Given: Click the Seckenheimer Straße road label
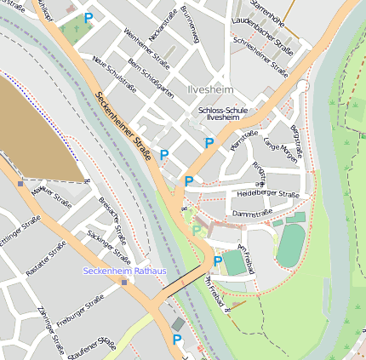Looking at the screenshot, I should tap(123, 125).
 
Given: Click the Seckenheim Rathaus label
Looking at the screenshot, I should tap(124, 271).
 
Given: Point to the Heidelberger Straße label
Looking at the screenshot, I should tap(266, 195).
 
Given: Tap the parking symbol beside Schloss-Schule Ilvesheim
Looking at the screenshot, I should tap(209, 143).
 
